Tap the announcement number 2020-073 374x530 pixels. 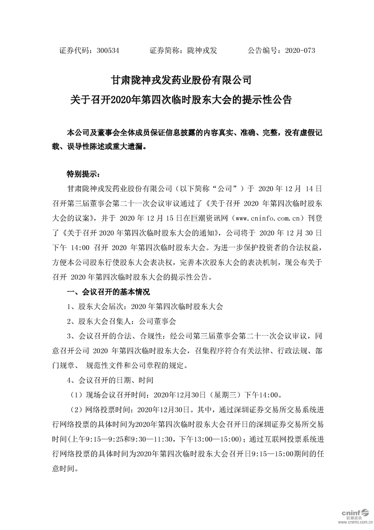click(300, 50)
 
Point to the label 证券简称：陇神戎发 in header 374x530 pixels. click(183, 50)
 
